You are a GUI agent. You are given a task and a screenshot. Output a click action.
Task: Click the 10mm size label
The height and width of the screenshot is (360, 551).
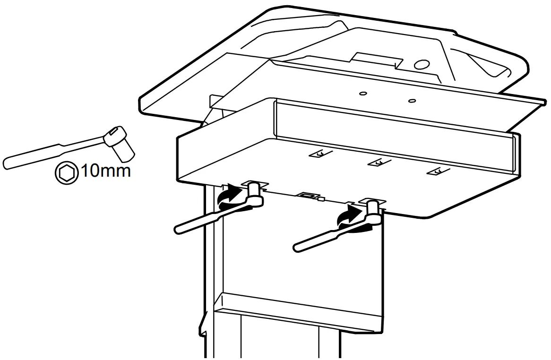click(x=105, y=171)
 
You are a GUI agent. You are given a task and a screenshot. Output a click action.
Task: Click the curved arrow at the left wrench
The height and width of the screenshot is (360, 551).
click(x=228, y=195)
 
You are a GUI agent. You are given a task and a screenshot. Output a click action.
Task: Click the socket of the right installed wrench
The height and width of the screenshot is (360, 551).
click(x=371, y=210)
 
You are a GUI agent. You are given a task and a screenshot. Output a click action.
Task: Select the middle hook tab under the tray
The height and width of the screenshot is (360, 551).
click(x=377, y=163)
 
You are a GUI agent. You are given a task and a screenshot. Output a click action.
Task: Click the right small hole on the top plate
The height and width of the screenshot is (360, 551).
click(x=412, y=100)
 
